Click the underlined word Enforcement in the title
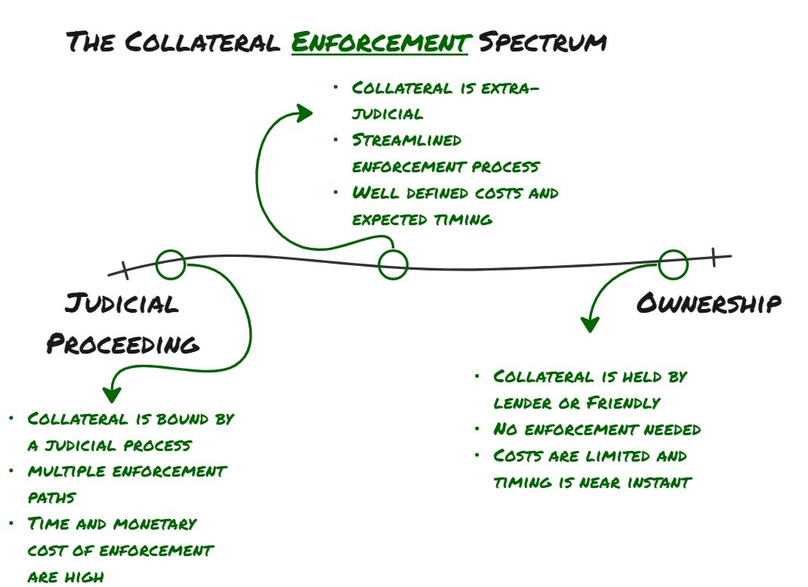coord(379,42)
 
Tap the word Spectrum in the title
coord(542,42)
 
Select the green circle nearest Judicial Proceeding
coord(171,264)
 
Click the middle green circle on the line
coord(393,264)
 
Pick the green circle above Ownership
coord(673,264)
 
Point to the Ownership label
coord(708,304)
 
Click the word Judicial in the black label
coord(122,304)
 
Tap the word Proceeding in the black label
coord(123,344)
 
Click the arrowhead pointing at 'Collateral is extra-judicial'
coord(305,113)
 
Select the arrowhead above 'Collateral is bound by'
coord(113,394)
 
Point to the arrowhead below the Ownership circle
coord(589,324)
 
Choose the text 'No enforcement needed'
coord(597,430)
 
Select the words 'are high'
coord(66,577)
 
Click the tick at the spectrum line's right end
coord(713,258)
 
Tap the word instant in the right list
coord(662,483)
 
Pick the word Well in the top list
coord(375,193)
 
